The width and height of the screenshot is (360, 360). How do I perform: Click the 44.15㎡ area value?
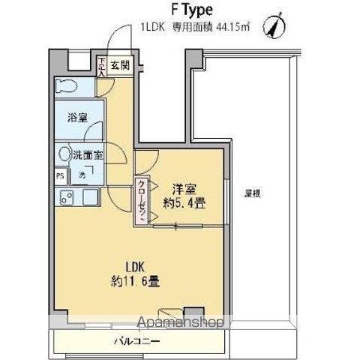pos(233,28)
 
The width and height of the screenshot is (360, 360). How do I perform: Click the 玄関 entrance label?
pos(120,65)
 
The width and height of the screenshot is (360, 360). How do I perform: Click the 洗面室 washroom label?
pos(88,155)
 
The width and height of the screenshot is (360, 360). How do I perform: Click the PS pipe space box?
pos(59,177)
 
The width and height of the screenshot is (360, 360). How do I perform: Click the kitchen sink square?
pos(91,198)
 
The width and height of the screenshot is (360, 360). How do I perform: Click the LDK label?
pos(133,266)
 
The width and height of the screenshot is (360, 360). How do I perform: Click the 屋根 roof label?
pos(253,193)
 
